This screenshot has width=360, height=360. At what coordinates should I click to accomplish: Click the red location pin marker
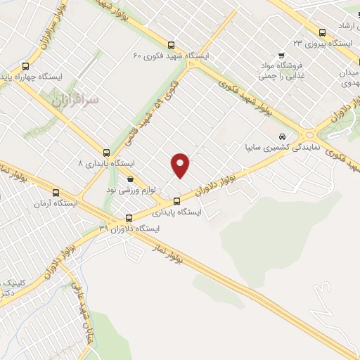pos(181,165)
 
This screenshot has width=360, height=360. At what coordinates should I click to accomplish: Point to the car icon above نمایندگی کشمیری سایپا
pos(282,136)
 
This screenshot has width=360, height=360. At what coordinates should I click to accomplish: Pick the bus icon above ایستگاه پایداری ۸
pos(106,152)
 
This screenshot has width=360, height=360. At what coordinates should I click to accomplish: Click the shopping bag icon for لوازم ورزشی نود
pos(130,179)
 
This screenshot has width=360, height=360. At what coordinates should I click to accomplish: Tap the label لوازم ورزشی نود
pos(129,190)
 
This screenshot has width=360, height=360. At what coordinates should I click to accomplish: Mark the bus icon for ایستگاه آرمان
pos(56,193)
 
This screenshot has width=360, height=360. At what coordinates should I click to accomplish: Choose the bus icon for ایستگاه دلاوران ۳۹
pos(128,217)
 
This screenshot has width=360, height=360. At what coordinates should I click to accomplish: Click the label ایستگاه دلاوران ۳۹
pos(129,229)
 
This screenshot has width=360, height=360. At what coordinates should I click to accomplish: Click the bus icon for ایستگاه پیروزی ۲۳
pos(322,32)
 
